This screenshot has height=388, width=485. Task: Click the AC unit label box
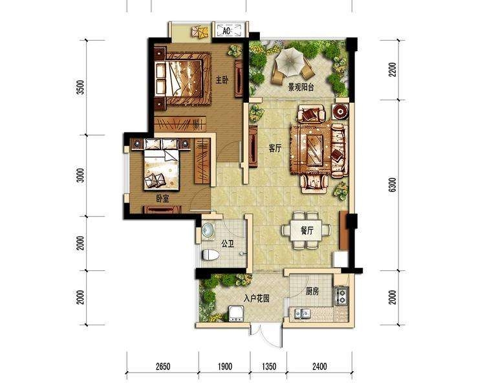(x=229, y=30)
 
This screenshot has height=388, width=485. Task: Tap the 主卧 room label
(x=222, y=80)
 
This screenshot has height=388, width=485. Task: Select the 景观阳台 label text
(x=301, y=87)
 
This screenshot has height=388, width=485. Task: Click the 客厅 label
(x=275, y=149)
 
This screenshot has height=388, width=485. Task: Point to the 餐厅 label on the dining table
(x=307, y=230)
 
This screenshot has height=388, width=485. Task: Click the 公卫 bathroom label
(x=228, y=244)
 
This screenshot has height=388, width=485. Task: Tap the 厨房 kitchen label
(x=312, y=291)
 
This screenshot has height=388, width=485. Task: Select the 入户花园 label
(x=257, y=299)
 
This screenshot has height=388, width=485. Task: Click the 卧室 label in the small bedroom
(x=162, y=199)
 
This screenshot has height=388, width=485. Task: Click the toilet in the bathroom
(x=211, y=255)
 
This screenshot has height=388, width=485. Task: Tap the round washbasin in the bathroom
(x=208, y=230)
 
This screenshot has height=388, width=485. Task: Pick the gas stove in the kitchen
(x=341, y=296)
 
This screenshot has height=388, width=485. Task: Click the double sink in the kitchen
(x=302, y=314)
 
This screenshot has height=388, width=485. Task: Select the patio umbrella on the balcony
(x=289, y=62)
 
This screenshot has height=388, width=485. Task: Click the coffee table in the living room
(x=316, y=147)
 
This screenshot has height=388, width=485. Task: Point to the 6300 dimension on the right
(x=393, y=185)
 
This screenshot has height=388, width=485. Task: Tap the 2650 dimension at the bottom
(x=163, y=367)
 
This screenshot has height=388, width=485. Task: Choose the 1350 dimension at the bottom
(x=269, y=367)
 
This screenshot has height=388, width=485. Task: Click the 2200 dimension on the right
(x=393, y=69)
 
